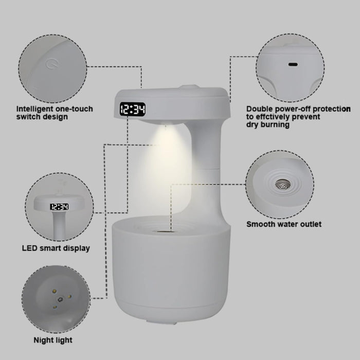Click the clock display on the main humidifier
click(x=133, y=109)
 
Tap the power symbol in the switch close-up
click(x=50, y=64)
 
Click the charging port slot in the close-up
click(x=293, y=64)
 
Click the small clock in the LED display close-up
click(x=59, y=207)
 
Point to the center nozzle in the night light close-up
click(x=60, y=299)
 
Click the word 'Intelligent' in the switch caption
click(x=35, y=109)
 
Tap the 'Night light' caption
click(x=53, y=340)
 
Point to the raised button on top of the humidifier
click(x=189, y=86)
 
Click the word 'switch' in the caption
click(x=28, y=117)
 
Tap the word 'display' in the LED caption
click(x=76, y=248)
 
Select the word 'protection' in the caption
click(x=332, y=109)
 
